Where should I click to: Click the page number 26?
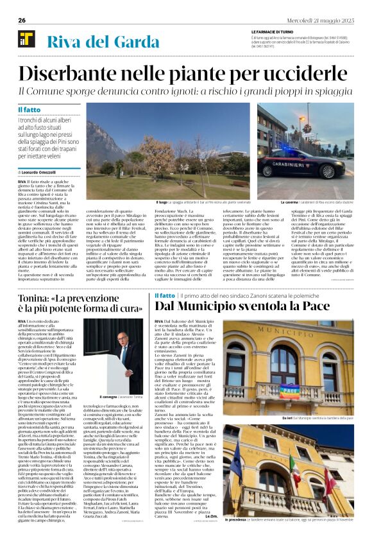[22, 20]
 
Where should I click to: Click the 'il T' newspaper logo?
[26, 39]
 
